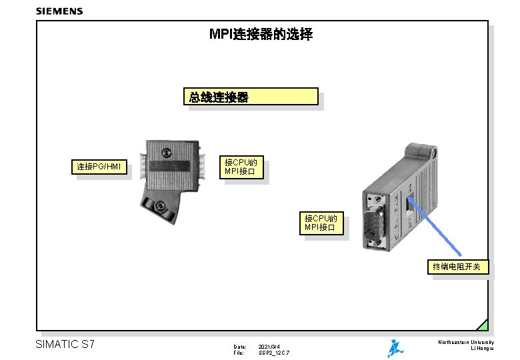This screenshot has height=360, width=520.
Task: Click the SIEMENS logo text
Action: click(x=59, y=11)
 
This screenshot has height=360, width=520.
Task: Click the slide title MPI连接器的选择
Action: click(x=261, y=34)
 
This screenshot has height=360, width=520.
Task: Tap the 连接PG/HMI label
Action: click(x=99, y=166)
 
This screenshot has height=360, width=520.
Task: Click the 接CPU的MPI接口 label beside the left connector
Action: click(x=244, y=167)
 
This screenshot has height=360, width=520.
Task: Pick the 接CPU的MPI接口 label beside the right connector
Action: click(x=324, y=223)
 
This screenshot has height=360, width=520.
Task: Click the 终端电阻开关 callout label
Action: click(x=461, y=267)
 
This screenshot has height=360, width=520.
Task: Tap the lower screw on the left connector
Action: click(x=163, y=205)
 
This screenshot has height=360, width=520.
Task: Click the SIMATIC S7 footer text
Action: click(x=65, y=345)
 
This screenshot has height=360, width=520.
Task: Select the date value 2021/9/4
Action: click(x=269, y=347)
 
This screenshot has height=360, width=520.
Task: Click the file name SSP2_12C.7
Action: click(x=274, y=353)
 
